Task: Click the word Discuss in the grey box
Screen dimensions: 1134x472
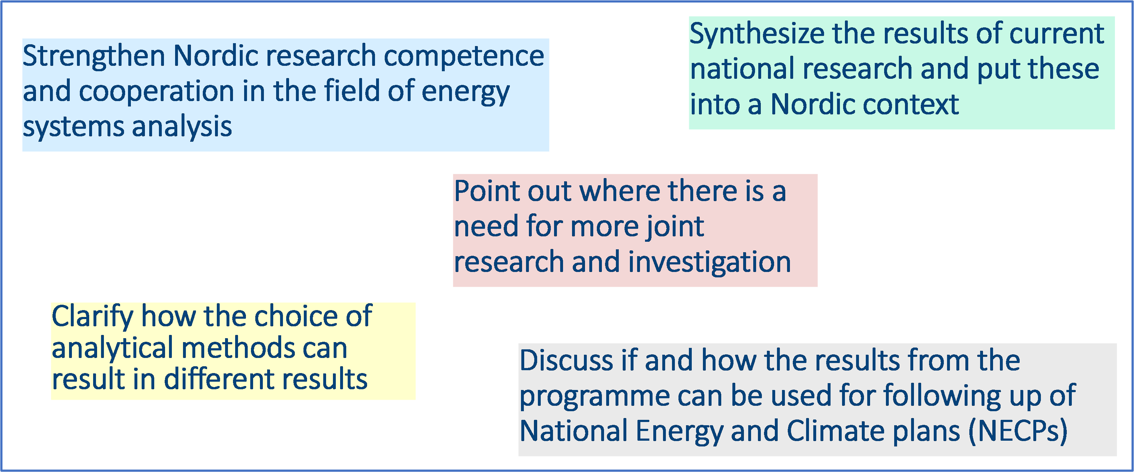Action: coord(567,360)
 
